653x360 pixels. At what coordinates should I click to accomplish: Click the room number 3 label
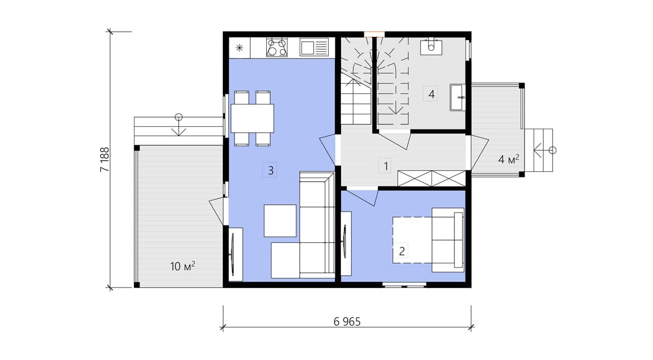click(x=270, y=170)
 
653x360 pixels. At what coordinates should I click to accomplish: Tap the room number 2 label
click(x=401, y=251)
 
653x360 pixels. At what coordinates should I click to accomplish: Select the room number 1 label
click(x=385, y=166)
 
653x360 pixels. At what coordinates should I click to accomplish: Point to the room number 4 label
click(x=431, y=94)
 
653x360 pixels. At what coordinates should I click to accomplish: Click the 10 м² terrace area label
click(x=183, y=266)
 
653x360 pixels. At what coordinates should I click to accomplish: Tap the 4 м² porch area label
click(x=508, y=159)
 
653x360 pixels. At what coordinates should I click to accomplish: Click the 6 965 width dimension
click(x=347, y=321)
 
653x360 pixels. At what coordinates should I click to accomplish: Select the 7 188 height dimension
click(x=104, y=159)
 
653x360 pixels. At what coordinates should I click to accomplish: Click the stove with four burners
click(x=277, y=47)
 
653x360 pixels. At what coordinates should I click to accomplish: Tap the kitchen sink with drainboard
click(x=314, y=47)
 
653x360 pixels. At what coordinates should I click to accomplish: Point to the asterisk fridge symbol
click(x=239, y=47)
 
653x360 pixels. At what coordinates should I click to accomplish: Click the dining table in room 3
click(x=252, y=118)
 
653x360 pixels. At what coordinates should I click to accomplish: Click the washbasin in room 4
click(x=457, y=98)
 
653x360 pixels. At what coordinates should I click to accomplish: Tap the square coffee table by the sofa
click(x=280, y=220)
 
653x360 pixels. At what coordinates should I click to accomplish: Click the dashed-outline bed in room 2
click(x=412, y=240)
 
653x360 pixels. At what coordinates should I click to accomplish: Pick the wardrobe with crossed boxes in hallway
click(x=431, y=179)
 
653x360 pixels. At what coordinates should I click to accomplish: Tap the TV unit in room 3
click(x=236, y=254)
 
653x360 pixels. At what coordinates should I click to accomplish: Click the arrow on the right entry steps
click(x=542, y=150)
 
